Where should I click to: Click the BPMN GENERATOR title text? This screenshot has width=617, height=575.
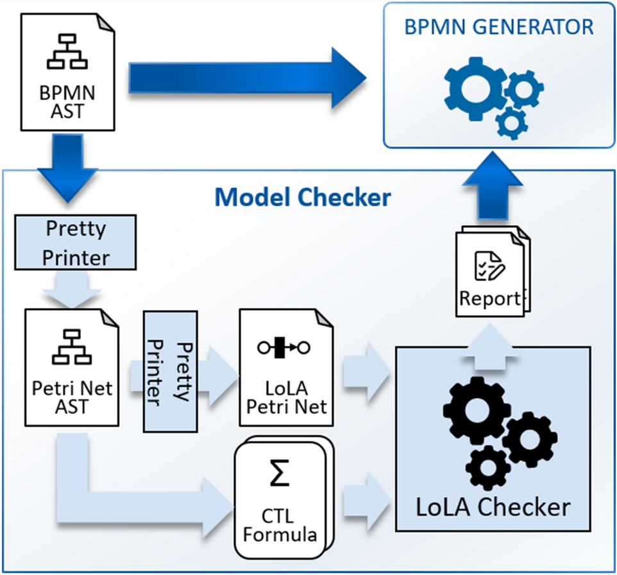click(498, 28)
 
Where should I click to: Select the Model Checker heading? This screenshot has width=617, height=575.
click(303, 197)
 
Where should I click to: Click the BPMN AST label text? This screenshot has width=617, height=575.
click(67, 101)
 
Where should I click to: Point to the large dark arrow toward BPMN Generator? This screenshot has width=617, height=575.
click(247, 78)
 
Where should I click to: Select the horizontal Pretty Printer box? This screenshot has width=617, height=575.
click(76, 242)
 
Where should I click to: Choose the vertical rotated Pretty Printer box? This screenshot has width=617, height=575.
click(170, 372)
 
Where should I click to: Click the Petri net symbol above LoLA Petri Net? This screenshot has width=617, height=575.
click(282, 348)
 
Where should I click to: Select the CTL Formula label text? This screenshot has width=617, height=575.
click(282, 524)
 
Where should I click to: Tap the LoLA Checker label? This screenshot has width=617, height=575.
click(493, 508)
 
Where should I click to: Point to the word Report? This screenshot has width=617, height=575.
click(489, 298)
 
